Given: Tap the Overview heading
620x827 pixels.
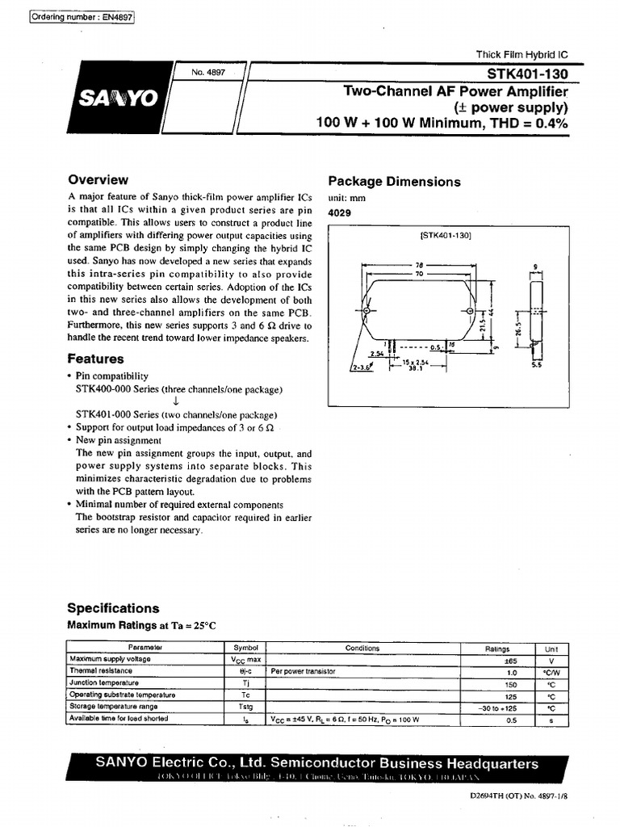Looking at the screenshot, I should pyautogui.click(x=98, y=180).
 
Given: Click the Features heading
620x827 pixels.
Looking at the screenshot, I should pyautogui.click(x=95, y=359).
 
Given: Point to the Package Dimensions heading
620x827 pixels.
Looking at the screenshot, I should pyautogui.click(x=394, y=182).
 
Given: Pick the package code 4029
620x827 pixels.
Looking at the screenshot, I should pyautogui.click(x=339, y=212).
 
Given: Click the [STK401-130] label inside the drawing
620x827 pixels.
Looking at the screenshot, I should pyautogui.click(x=445, y=236).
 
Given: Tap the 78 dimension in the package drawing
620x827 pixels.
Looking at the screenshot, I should pyautogui.click(x=419, y=265).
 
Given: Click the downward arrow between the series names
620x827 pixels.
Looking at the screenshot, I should pyautogui.click(x=175, y=401).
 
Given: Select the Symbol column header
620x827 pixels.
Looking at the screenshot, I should pyautogui.click(x=245, y=648).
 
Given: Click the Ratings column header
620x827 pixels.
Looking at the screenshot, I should pyautogui.click(x=497, y=648).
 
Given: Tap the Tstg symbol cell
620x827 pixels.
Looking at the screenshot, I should pyautogui.click(x=245, y=707).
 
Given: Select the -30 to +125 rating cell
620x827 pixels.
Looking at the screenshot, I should pyautogui.click(x=498, y=707).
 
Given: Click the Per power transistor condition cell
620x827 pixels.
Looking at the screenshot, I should pyautogui.click(x=303, y=671).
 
